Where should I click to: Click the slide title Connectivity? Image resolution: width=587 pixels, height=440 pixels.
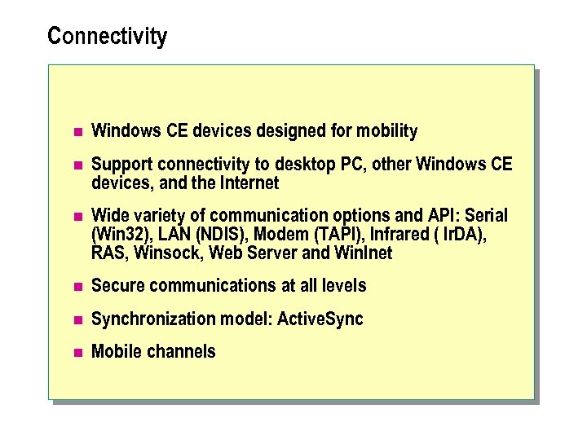tap(107, 37)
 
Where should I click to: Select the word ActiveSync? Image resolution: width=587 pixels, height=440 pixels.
tap(320, 319)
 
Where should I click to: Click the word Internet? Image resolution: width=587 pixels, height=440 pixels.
tap(249, 183)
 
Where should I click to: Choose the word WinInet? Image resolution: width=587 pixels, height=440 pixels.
tap(364, 253)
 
